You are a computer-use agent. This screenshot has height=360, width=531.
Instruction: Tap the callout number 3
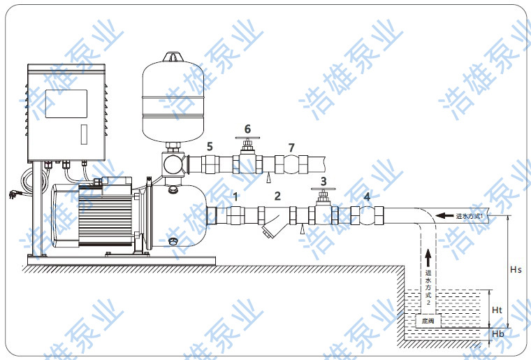click(x=323, y=181)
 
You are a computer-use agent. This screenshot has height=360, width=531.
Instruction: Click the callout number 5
click(x=209, y=147)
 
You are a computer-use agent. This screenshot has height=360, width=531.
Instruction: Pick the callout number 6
click(x=247, y=129)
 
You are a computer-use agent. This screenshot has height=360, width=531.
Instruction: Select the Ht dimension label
click(x=497, y=310)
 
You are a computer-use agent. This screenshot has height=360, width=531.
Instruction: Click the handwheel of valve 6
click(x=247, y=139)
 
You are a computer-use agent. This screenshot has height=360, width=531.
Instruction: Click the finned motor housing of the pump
click(x=101, y=217)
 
